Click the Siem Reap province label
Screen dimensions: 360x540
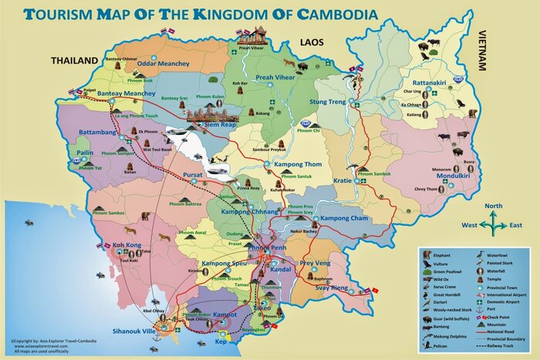tap(220, 124)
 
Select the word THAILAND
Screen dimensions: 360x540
tap(75, 60)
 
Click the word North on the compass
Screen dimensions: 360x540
tap(494, 207)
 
